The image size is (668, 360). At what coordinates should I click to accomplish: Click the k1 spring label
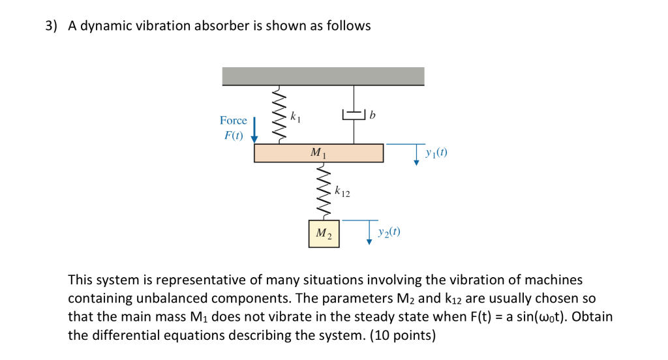point(296,118)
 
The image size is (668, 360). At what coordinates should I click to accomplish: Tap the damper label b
point(372,115)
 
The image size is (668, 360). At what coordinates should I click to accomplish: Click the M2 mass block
point(324,233)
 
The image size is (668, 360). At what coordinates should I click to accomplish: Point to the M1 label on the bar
point(318,154)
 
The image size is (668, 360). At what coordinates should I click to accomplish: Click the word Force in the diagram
point(234,121)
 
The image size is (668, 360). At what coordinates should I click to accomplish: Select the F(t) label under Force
point(233,136)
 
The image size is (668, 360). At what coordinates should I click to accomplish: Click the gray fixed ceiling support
point(323,76)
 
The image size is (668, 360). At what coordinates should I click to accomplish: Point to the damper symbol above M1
point(354,115)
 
